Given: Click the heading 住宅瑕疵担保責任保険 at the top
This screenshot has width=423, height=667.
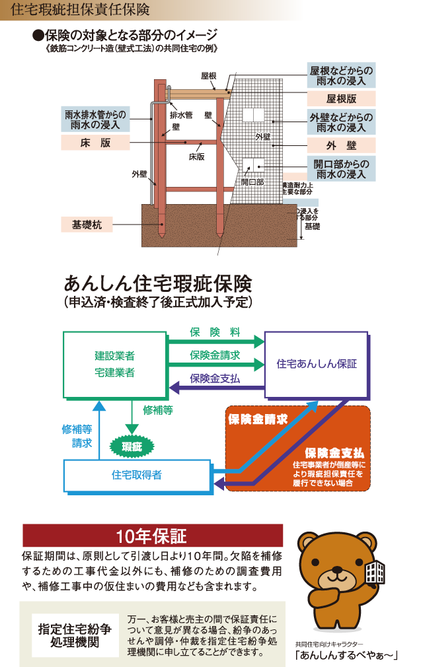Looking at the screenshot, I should point(80,10).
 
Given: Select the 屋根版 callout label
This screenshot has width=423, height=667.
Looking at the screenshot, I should point(341,98).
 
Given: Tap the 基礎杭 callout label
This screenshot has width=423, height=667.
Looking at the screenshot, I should point(86,225).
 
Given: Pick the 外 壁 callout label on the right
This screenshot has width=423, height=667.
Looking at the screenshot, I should point(341,145).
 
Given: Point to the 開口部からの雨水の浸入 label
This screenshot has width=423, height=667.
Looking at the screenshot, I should point(341,168).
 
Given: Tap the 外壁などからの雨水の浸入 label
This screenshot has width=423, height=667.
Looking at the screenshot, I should point(341,122).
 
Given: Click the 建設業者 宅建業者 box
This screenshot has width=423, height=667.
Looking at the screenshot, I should point(114,364).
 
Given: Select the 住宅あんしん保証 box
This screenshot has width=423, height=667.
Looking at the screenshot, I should point(317,364).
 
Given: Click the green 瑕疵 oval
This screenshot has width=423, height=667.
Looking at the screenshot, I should point(132,447).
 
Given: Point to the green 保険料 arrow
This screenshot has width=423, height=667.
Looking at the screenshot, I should point(215,341).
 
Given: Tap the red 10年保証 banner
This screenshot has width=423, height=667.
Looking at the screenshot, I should point(153,535).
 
